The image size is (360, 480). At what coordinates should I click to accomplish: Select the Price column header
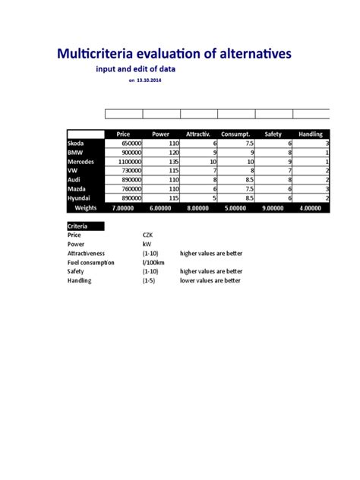123,134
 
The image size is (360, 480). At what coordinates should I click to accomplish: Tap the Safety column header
273,134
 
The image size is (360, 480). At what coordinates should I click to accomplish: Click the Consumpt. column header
235,134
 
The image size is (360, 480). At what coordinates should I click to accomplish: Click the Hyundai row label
81,197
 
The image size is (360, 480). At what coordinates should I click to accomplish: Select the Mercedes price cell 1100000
125,161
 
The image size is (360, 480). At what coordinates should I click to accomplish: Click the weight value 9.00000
273,207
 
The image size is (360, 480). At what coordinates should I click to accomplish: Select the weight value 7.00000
124,207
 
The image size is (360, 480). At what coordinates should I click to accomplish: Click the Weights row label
85,207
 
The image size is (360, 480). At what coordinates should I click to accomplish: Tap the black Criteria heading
77,226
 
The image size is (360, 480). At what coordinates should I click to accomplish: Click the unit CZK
149,235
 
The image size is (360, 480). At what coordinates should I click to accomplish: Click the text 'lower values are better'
210,280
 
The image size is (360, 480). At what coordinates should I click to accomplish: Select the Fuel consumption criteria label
90,262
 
